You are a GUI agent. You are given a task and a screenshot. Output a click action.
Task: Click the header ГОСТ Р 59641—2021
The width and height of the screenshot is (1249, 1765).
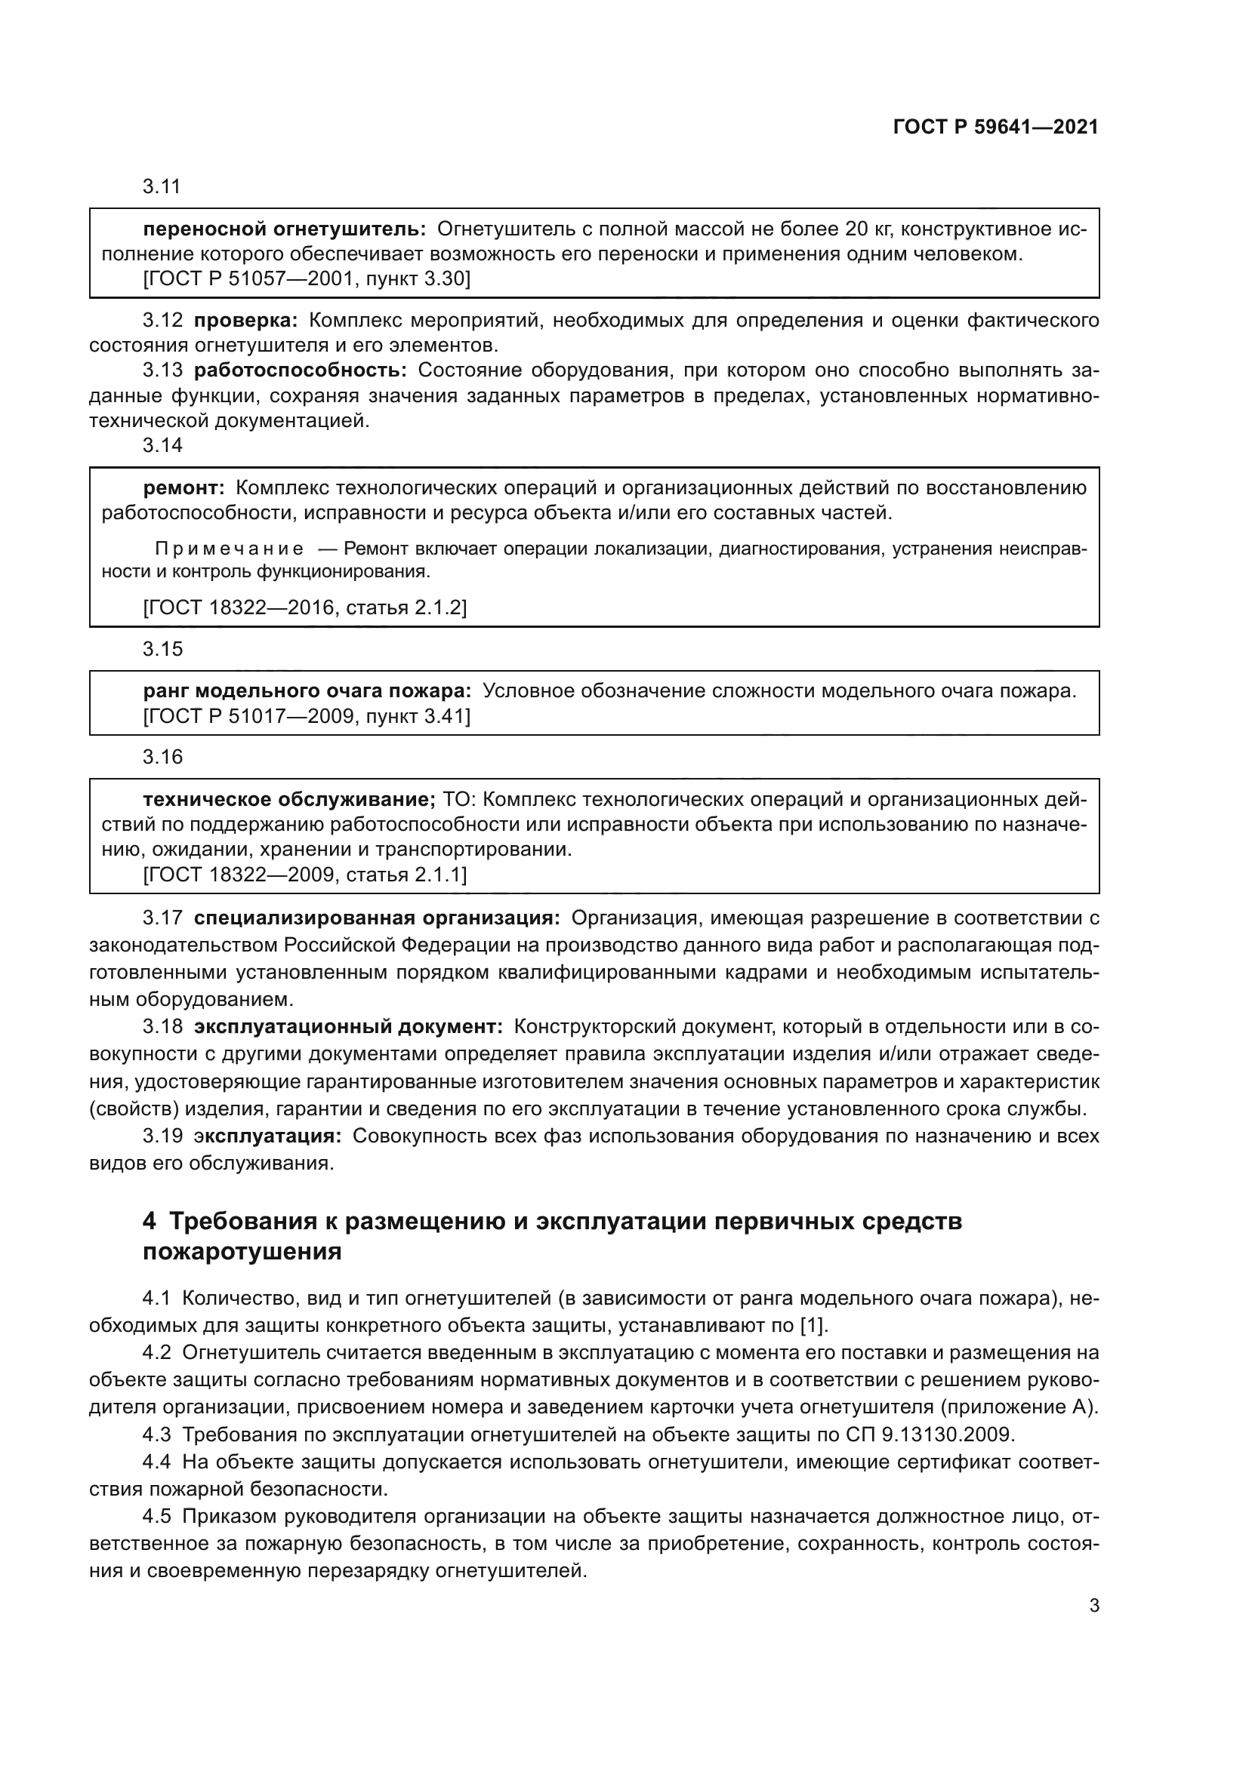(x=995, y=128)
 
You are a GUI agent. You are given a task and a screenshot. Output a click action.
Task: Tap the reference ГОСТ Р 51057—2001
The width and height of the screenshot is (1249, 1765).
(x=248, y=278)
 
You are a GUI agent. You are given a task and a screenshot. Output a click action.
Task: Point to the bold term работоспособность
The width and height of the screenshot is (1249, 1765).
(x=300, y=371)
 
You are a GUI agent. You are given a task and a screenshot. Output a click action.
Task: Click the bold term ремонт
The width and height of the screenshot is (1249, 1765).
(x=183, y=487)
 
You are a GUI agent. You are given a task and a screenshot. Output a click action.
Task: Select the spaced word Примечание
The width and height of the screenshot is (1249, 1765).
(x=230, y=549)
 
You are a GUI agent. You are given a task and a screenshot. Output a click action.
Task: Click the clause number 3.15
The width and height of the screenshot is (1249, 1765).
(x=162, y=649)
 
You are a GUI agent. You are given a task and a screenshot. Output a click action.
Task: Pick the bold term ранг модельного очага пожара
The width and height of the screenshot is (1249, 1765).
(x=307, y=690)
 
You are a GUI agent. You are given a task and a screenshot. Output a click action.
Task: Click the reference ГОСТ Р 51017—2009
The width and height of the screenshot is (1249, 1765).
(x=248, y=716)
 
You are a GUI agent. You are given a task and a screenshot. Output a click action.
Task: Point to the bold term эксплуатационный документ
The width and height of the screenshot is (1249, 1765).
(x=348, y=1026)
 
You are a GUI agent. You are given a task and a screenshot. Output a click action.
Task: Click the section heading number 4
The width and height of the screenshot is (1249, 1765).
(x=150, y=1221)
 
